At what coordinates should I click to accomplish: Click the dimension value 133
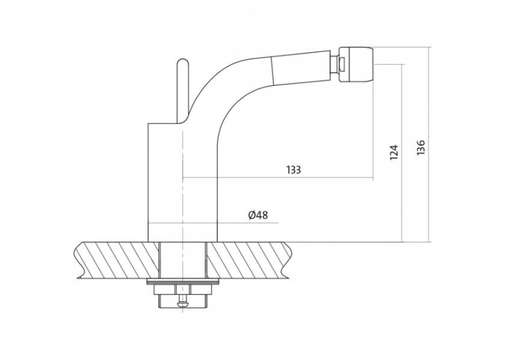[294, 170]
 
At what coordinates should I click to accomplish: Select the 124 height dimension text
[394, 152]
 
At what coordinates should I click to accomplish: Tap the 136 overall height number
[421, 148]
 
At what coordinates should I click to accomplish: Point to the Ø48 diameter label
[258, 215]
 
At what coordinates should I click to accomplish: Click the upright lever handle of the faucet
[182, 91]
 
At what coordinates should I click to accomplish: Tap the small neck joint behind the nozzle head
[335, 64]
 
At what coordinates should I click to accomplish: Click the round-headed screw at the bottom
[183, 301]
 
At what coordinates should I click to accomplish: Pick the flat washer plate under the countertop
[183, 282]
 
